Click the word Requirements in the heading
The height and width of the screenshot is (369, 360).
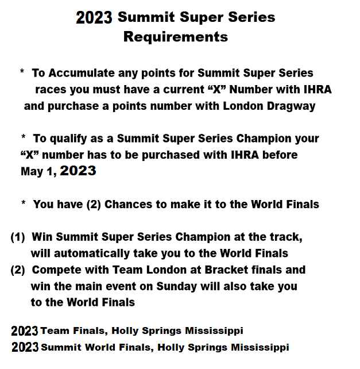tap(176, 37)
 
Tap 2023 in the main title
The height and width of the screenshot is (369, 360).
tap(94, 18)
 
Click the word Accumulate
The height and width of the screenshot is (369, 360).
tap(82, 73)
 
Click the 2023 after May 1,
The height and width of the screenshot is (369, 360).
tap(78, 171)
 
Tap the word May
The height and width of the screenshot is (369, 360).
tap(32, 172)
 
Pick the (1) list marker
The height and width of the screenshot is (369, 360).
tap(18, 237)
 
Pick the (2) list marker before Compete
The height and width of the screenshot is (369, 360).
tap(18, 270)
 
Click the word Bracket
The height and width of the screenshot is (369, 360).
tap(226, 270)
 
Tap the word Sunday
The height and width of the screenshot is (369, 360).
tap(177, 287)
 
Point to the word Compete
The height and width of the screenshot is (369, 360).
tap(57, 270)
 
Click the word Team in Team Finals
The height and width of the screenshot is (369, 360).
tap(55, 330)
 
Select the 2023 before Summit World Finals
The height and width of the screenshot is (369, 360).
tap(25, 347)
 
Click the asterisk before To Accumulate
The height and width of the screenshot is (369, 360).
tap(22, 71)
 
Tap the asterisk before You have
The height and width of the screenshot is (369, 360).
tap(24, 203)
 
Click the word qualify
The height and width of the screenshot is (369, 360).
tap(68, 139)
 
